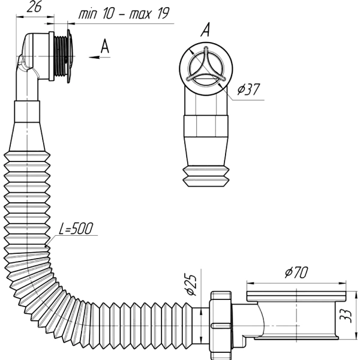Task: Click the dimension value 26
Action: point(34,7)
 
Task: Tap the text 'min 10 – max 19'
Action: point(124,14)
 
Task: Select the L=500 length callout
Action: point(76,229)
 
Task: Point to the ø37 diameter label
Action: point(248,89)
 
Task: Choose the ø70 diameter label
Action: point(296,272)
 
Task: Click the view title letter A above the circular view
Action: point(205,29)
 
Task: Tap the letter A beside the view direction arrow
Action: point(104,46)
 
